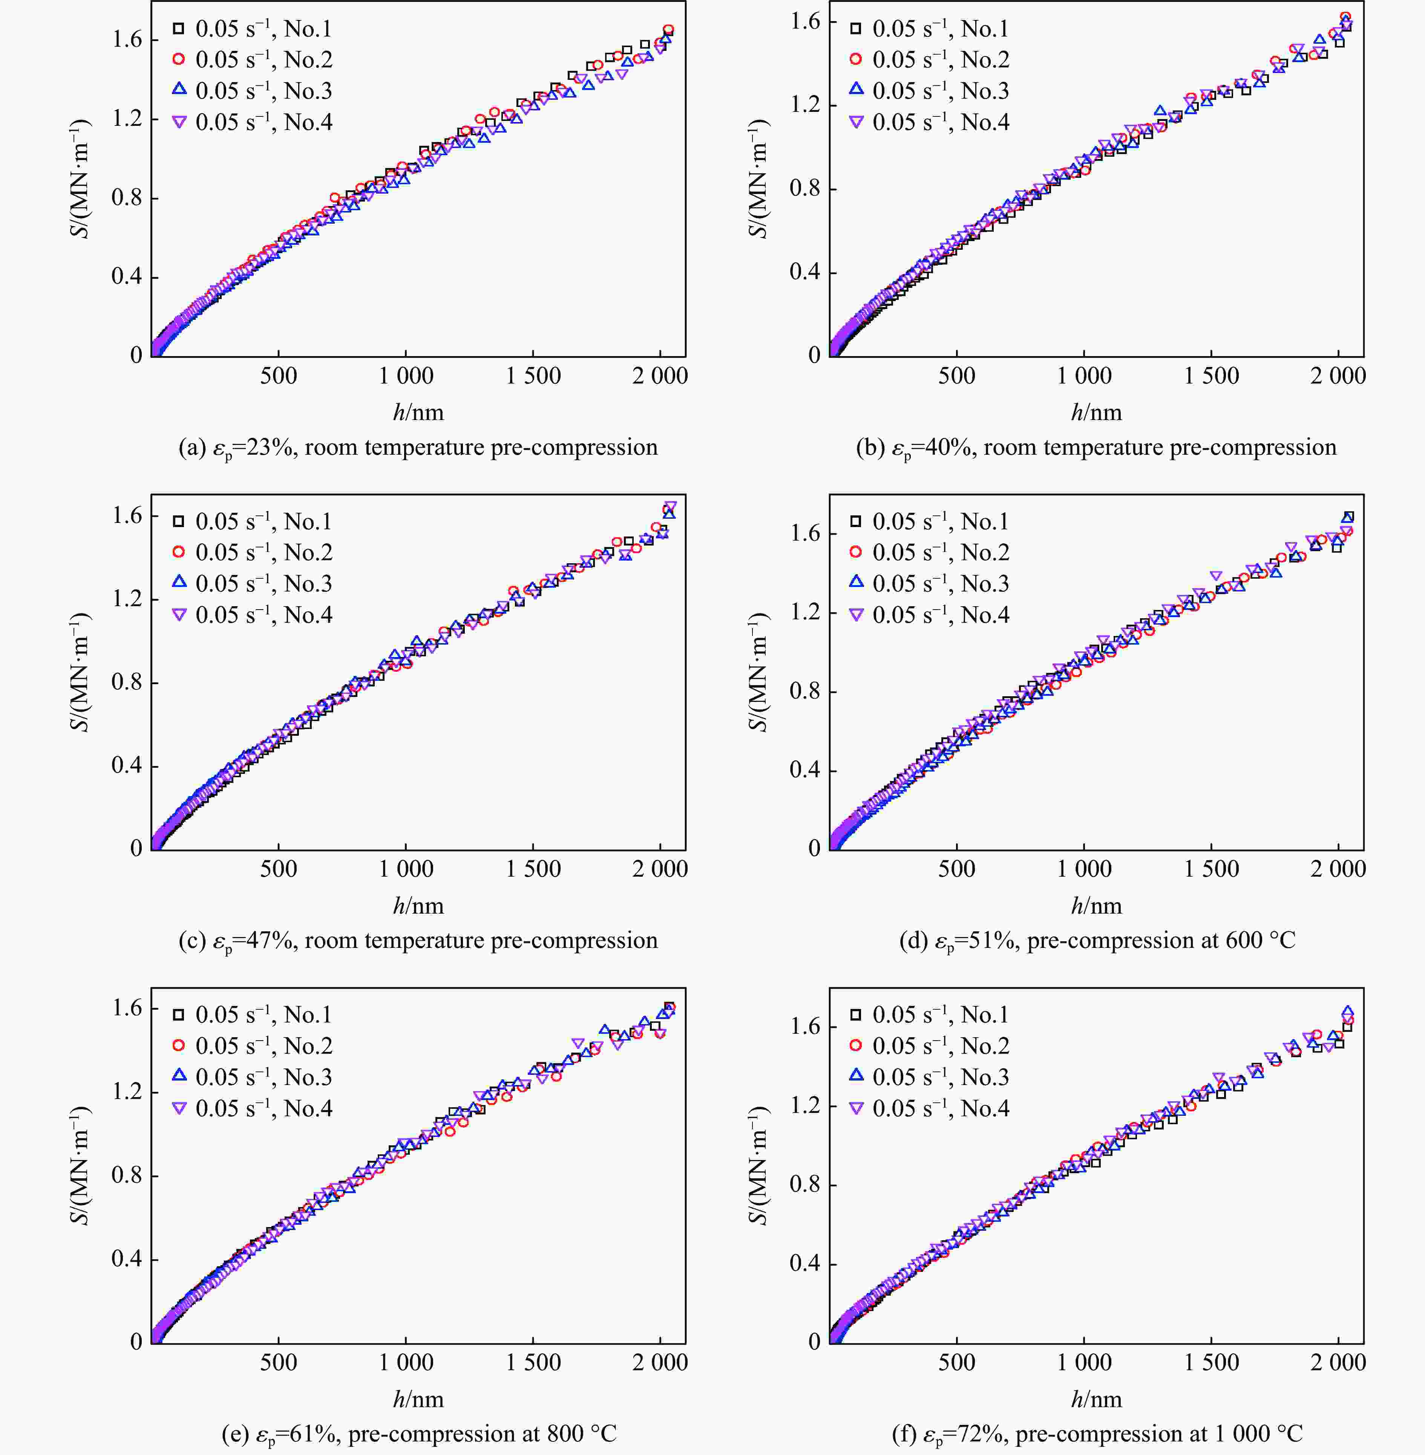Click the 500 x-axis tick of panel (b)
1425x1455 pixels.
(x=956, y=376)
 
